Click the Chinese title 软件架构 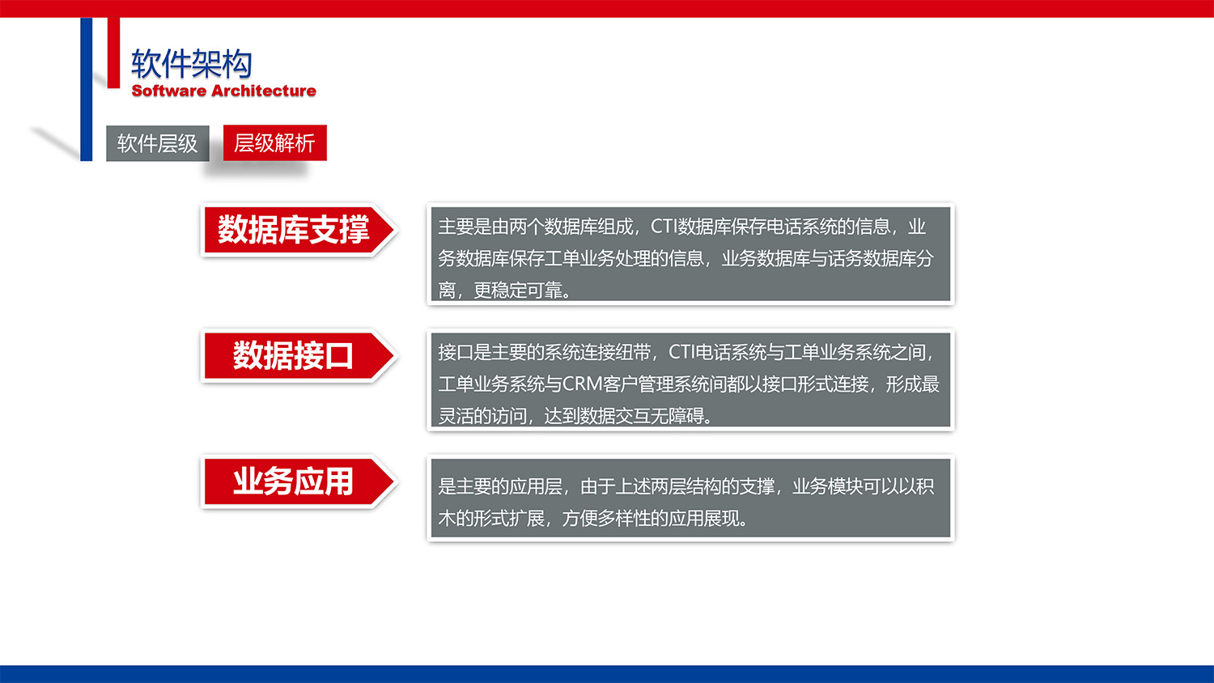pyautogui.click(x=191, y=64)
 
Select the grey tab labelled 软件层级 pyautogui.click(x=158, y=143)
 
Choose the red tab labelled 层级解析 pyautogui.click(x=274, y=143)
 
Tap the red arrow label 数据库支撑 pyautogui.click(x=293, y=230)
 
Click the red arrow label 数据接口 pyautogui.click(x=293, y=356)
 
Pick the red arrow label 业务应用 pyautogui.click(x=293, y=482)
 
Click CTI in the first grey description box pyautogui.click(x=664, y=227)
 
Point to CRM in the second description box pyautogui.click(x=581, y=384)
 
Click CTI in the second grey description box pyautogui.click(x=681, y=352)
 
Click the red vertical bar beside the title pyautogui.click(x=113, y=53)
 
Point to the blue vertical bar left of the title pyautogui.click(x=86, y=89)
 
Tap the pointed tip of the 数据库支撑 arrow pyautogui.click(x=393, y=230)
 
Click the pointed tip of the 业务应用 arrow pyautogui.click(x=393, y=482)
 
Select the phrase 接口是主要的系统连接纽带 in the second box pyautogui.click(x=544, y=352)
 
